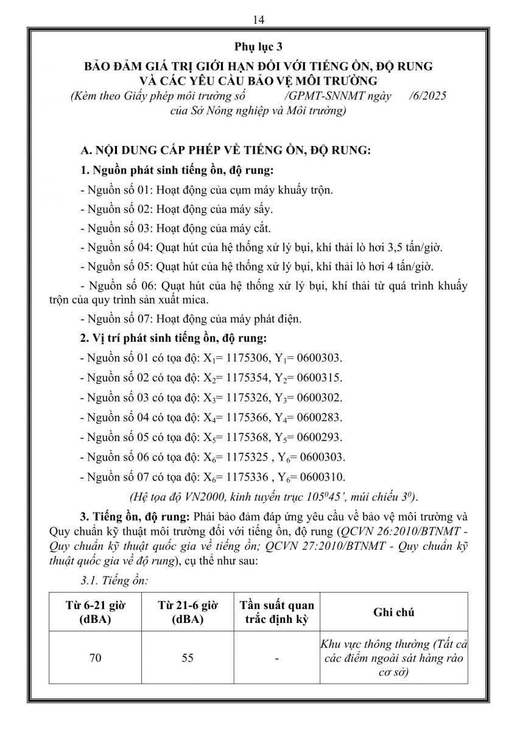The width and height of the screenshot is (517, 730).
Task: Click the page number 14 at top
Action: pos(258,20)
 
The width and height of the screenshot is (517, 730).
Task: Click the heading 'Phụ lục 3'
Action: pos(258,47)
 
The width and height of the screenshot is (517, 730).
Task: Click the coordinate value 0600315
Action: pos(320,378)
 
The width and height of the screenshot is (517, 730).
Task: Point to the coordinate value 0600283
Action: pos(320,417)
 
